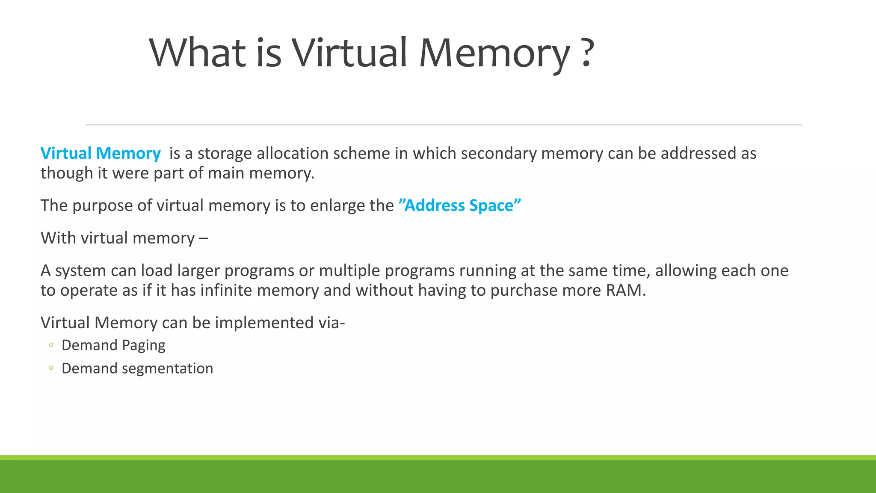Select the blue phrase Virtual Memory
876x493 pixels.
coord(101,153)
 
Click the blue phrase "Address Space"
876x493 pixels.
coord(459,205)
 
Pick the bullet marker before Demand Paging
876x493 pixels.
coord(51,345)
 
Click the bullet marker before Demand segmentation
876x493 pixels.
coord(51,368)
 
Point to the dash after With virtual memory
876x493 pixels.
coord(204,238)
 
